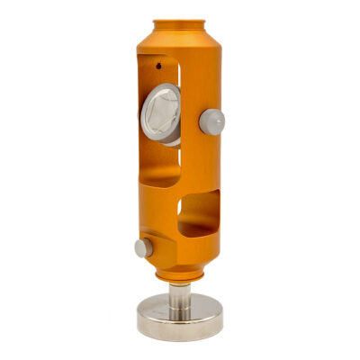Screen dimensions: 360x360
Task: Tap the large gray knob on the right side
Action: tap(211, 121)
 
